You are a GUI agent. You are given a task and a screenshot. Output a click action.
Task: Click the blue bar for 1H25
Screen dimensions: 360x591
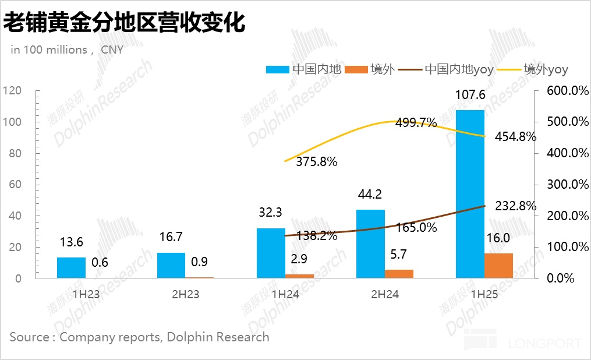pos(470,194)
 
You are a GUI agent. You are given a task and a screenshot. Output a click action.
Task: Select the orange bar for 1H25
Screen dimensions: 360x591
pos(498,266)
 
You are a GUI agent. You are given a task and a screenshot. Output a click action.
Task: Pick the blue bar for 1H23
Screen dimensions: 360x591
pos(71,267)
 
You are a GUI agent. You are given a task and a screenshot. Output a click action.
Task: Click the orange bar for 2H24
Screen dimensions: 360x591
pos(399,274)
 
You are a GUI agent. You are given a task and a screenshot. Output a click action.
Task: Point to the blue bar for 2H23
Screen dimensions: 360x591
pos(171,265)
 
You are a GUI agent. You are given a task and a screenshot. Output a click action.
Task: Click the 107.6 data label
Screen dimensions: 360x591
pos(469,96)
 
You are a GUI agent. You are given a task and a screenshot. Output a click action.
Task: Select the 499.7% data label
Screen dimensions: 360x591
pos(416,123)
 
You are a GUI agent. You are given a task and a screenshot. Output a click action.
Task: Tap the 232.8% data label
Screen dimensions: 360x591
pos(516,206)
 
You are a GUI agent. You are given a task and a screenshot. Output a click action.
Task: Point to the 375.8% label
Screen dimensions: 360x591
pos(316,162)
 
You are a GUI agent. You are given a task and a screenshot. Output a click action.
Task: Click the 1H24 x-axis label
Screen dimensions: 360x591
pos(285,295)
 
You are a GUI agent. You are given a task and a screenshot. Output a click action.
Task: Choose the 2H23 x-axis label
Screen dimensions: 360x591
pos(185,295)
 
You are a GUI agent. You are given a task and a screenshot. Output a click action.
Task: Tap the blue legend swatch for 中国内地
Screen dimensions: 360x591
pos(278,69)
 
